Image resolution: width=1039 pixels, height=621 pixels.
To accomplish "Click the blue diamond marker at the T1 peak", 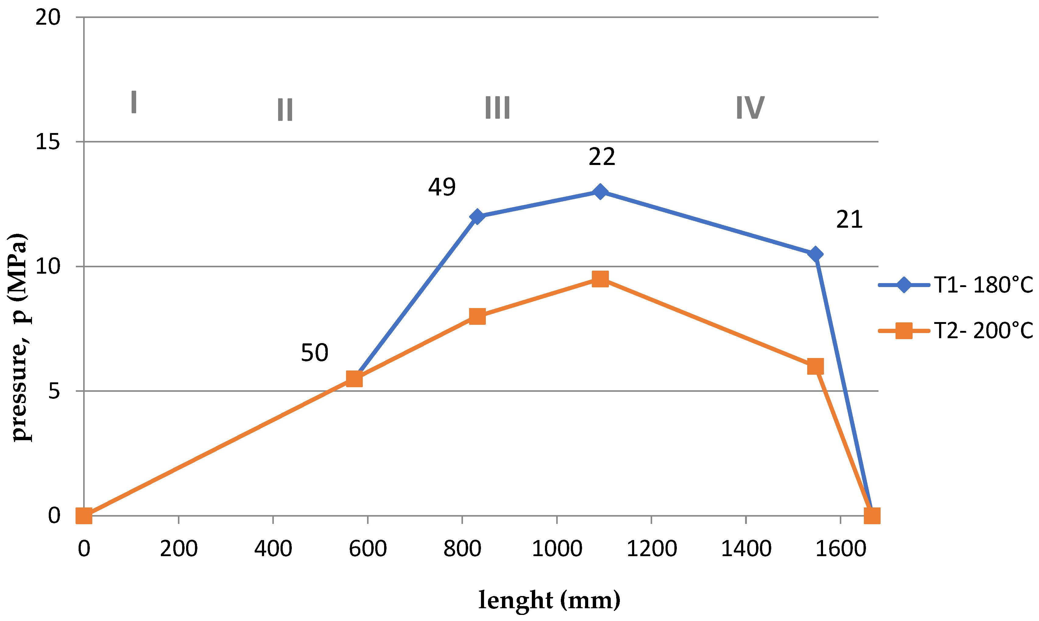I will click(600, 192).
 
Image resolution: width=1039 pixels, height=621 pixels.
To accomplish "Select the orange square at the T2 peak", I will click(600, 279).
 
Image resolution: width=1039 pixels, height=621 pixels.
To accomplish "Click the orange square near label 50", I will click(354, 379).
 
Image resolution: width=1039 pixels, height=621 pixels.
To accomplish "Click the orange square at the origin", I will click(84, 516).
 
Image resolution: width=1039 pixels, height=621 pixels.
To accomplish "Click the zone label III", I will click(497, 107).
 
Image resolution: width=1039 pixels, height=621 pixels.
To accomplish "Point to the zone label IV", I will click(750, 107).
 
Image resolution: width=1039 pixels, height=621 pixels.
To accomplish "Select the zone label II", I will click(285, 110).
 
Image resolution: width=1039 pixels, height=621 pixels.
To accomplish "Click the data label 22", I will click(602, 157).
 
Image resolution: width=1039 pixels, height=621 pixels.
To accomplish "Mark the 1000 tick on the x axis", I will click(557, 549).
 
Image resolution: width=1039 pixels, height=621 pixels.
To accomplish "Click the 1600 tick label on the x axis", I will click(841, 549).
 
